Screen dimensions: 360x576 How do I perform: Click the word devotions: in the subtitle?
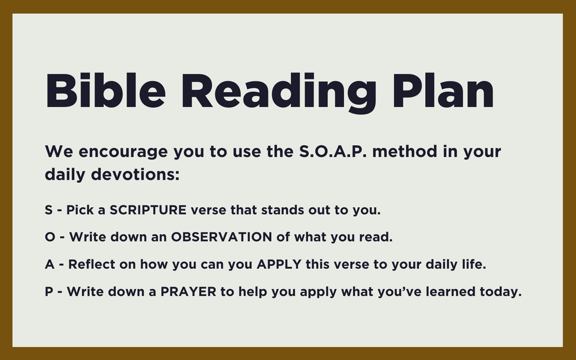click(x=135, y=173)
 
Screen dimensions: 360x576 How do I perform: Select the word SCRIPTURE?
click(x=148, y=210)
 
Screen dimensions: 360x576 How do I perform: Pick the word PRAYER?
click(x=189, y=291)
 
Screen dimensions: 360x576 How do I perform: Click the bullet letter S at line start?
click(x=48, y=210)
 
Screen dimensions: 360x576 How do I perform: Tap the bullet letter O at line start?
click(x=49, y=237)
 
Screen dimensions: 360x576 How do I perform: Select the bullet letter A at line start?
click(x=49, y=264)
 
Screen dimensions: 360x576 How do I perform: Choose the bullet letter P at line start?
click(x=48, y=291)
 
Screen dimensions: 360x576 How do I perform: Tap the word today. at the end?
click(x=501, y=291)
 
